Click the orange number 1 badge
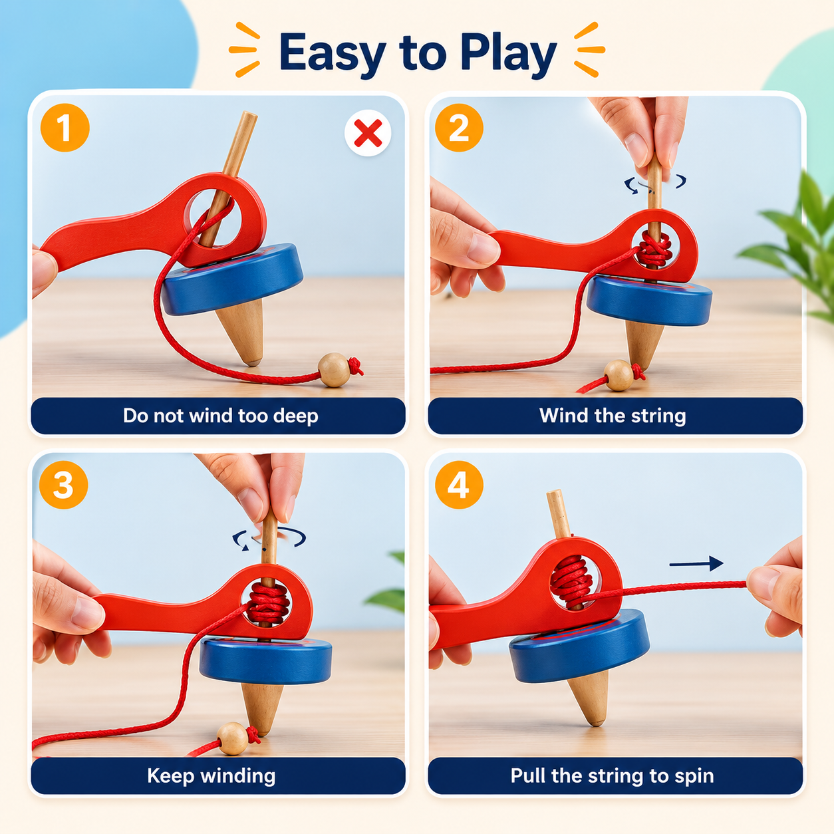pyautogui.click(x=65, y=128)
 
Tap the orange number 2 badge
pyautogui.click(x=459, y=128)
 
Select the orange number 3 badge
pyautogui.click(x=64, y=485)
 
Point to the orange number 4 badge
pyautogui.click(x=459, y=485)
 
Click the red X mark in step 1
pyautogui.click(x=368, y=133)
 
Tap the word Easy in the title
pyautogui.click(x=333, y=53)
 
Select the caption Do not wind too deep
pyautogui.click(x=220, y=416)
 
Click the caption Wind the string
pyautogui.click(x=613, y=416)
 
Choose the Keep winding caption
pyautogui.click(x=211, y=775)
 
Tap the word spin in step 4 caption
pyautogui.click(x=694, y=776)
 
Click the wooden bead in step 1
pyautogui.click(x=334, y=370)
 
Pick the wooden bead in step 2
pyautogui.click(x=619, y=375)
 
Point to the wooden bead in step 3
pyautogui.click(x=233, y=739)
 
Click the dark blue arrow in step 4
pyautogui.click(x=696, y=563)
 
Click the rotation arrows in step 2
pyautogui.click(x=654, y=184)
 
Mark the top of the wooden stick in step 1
pyautogui.click(x=250, y=114)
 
